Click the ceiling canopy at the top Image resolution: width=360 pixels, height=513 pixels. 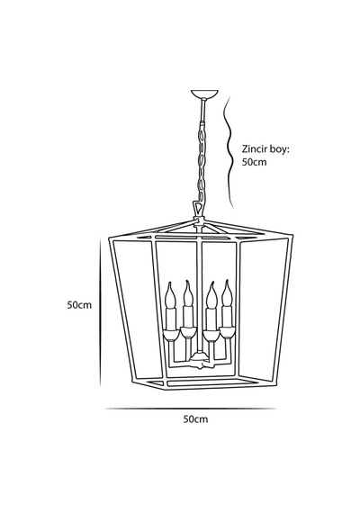point(204,94)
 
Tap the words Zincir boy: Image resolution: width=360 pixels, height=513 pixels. point(265,149)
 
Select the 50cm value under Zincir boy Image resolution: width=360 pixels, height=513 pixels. point(255,162)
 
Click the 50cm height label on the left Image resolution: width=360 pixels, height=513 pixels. point(79,305)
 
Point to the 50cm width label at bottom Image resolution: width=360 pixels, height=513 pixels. point(195,419)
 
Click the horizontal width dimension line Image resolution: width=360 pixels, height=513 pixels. point(191,409)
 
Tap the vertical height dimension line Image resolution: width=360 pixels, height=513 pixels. point(100,312)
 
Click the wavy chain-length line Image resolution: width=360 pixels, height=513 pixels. point(228,152)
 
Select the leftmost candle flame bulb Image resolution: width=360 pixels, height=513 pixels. point(171,295)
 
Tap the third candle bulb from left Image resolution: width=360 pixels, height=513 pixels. point(211,295)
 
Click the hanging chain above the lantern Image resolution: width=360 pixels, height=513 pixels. point(202,160)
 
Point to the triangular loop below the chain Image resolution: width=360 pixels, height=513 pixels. point(197,208)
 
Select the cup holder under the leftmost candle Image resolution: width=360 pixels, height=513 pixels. point(171,335)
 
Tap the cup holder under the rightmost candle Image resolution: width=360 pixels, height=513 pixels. point(227,332)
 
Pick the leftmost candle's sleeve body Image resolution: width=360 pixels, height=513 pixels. point(171,319)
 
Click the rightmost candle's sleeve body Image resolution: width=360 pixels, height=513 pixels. point(227,317)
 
